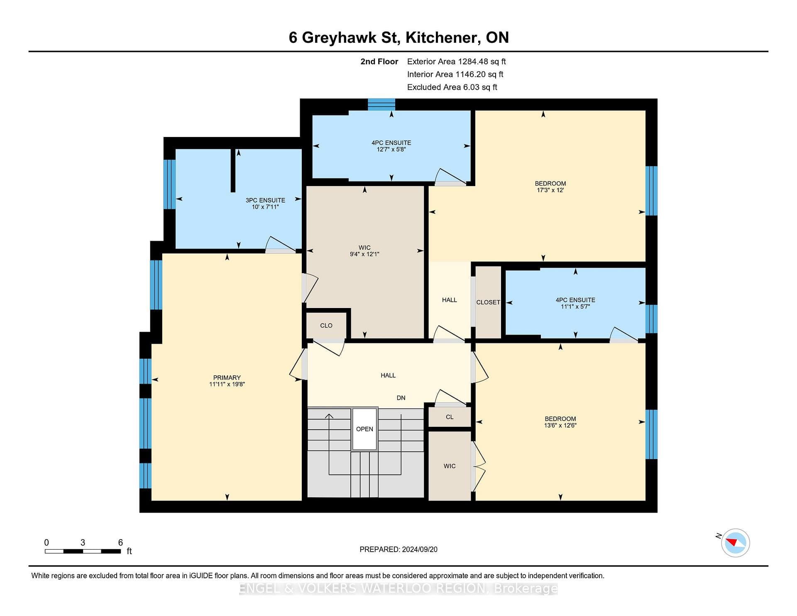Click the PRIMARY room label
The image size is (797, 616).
pos(227,377)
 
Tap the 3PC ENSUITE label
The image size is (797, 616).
pos(265,200)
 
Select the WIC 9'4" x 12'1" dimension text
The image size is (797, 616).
pos(364,254)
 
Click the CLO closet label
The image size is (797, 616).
pos(326,325)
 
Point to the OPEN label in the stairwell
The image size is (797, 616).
pos(364,429)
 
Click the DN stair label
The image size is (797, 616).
pos(401,398)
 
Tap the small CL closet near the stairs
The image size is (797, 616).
pos(450,417)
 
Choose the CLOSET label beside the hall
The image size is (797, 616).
pos(488,302)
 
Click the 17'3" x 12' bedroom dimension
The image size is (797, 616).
pos(550,190)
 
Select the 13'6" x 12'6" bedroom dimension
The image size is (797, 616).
pos(560,425)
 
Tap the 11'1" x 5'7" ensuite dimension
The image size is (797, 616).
pos(575,306)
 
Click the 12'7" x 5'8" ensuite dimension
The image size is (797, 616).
pos(391,149)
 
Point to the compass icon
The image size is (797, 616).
pos(735,543)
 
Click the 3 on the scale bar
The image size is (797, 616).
pos(83,543)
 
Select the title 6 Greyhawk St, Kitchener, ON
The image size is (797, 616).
pos(398,37)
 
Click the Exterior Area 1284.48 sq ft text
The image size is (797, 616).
pos(456,61)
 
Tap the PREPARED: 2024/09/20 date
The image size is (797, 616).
pos(398,549)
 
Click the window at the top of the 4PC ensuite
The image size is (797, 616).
pos(381,104)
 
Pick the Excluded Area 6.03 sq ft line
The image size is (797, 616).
pos(452,87)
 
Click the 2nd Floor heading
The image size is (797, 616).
pos(379,61)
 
